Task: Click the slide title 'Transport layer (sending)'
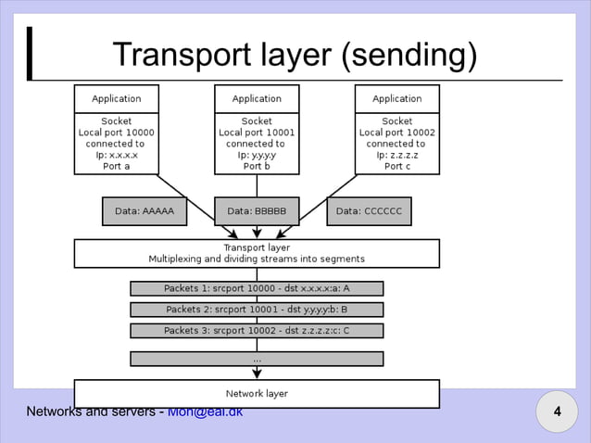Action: click(x=295, y=57)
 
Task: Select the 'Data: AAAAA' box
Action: click(x=144, y=211)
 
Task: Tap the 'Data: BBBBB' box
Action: click(x=257, y=211)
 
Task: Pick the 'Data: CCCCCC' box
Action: click(x=369, y=211)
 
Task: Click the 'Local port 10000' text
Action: click(x=116, y=133)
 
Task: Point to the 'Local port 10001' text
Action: click(x=257, y=133)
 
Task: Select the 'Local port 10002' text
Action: click(x=396, y=133)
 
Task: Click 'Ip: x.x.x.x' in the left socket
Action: click(x=116, y=155)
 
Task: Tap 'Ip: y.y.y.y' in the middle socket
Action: click(x=257, y=155)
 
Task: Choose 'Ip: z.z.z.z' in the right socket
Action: click(x=396, y=155)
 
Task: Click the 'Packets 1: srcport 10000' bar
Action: click(x=257, y=288)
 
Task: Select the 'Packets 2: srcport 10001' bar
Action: click(x=257, y=310)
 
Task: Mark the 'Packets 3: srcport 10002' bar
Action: click(x=257, y=330)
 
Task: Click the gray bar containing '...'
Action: click(x=257, y=358)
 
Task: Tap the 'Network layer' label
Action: click(x=257, y=394)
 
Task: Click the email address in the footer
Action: click(x=206, y=411)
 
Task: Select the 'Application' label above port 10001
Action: click(x=257, y=98)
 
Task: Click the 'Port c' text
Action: click(x=396, y=166)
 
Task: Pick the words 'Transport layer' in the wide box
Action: click(x=257, y=247)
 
